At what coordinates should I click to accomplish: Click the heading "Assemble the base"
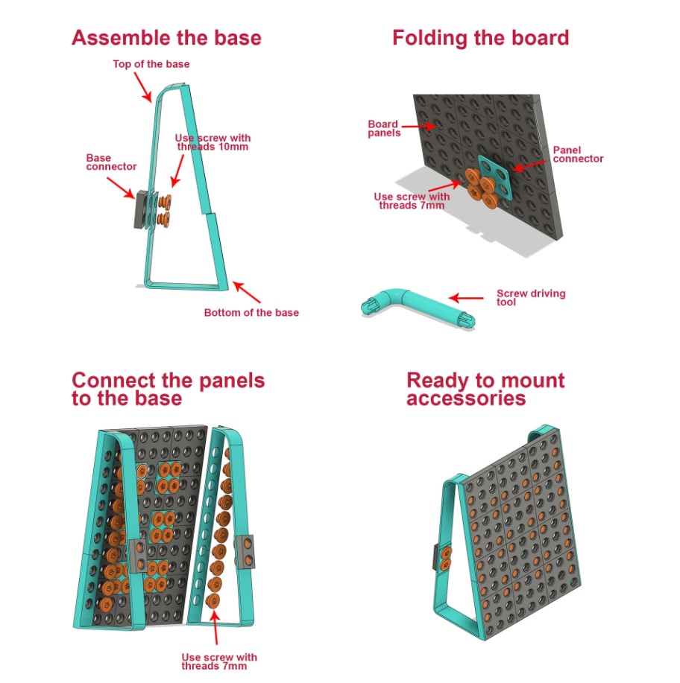coord(166,37)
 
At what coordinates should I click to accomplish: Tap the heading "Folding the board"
coord(481,37)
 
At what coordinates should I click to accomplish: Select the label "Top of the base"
coord(151,64)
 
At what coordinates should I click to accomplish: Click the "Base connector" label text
coord(111,162)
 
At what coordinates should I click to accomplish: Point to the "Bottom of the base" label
coord(251,312)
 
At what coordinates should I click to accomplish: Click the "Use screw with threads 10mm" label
coord(212,142)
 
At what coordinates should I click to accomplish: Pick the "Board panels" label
coord(384,129)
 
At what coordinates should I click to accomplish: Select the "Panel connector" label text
coord(578,154)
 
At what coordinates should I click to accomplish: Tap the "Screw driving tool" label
coord(531,297)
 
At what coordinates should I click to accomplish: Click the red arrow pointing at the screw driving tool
coord(466,298)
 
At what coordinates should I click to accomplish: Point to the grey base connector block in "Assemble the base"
coord(141,209)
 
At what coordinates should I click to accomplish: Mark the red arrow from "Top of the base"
coord(142,87)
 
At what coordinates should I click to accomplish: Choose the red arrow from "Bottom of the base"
coord(247,292)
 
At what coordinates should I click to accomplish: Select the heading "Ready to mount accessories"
coord(485,389)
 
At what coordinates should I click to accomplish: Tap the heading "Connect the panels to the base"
coord(169,389)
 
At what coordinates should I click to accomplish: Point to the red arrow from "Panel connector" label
coord(529,166)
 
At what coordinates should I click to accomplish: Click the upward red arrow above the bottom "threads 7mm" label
coord(215,627)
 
